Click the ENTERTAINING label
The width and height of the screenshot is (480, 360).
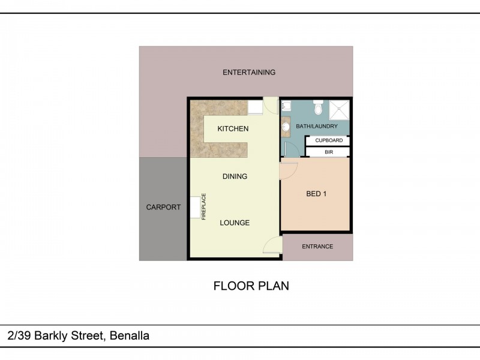pos(249,73)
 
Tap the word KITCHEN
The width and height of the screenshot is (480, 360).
pos(233,129)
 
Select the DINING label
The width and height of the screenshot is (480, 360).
pos(235,176)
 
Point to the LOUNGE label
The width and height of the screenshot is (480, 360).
pos(235,223)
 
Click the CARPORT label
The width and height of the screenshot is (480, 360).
pos(163,208)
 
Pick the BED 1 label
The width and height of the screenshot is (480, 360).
pos(316,194)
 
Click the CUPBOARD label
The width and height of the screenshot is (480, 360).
pos(329,140)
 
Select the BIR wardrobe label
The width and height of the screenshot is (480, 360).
pos(329,152)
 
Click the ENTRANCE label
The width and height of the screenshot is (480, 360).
pos(317,247)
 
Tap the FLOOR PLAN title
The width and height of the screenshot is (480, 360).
pos(251,286)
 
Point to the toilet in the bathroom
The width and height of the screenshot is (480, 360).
pos(318,108)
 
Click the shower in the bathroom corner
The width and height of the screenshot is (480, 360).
pos(340,109)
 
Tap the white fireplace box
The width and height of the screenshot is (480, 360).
pos(196,207)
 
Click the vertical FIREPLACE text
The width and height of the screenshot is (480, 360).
pos(204,207)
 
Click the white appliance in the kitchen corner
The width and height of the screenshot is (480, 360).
pos(256,107)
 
